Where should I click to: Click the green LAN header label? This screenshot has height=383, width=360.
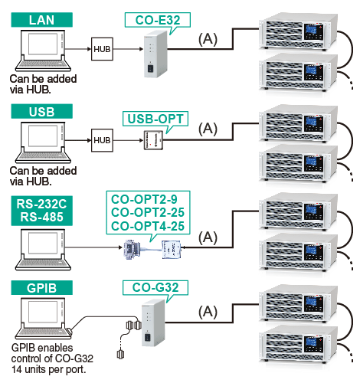click(41, 20)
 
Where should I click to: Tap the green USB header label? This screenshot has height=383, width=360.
click(41, 111)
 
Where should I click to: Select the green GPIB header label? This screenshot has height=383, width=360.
click(41, 288)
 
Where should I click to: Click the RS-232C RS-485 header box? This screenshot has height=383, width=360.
click(41, 211)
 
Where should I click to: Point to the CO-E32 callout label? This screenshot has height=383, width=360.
click(158, 20)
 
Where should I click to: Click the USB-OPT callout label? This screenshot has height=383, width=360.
click(155, 119)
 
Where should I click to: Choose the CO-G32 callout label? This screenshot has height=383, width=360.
click(155, 287)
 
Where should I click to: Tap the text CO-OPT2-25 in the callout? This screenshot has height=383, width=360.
click(148, 212)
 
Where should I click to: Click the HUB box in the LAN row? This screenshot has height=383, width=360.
click(102, 49)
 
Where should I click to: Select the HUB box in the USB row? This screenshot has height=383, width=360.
click(102, 140)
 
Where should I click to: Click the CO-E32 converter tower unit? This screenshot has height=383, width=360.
click(155, 54)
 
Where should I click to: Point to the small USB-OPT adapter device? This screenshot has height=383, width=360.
click(153, 140)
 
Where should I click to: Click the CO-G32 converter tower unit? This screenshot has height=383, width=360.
click(153, 323)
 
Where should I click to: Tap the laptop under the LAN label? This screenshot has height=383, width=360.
click(43, 51)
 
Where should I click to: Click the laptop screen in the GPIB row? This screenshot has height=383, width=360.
click(43, 312)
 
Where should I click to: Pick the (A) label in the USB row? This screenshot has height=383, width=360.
click(208, 129)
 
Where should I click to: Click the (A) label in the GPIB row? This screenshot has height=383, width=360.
click(208, 312)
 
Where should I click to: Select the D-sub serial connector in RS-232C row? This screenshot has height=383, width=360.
click(132, 250)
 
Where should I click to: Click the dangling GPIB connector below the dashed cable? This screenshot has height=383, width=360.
click(120, 354)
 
